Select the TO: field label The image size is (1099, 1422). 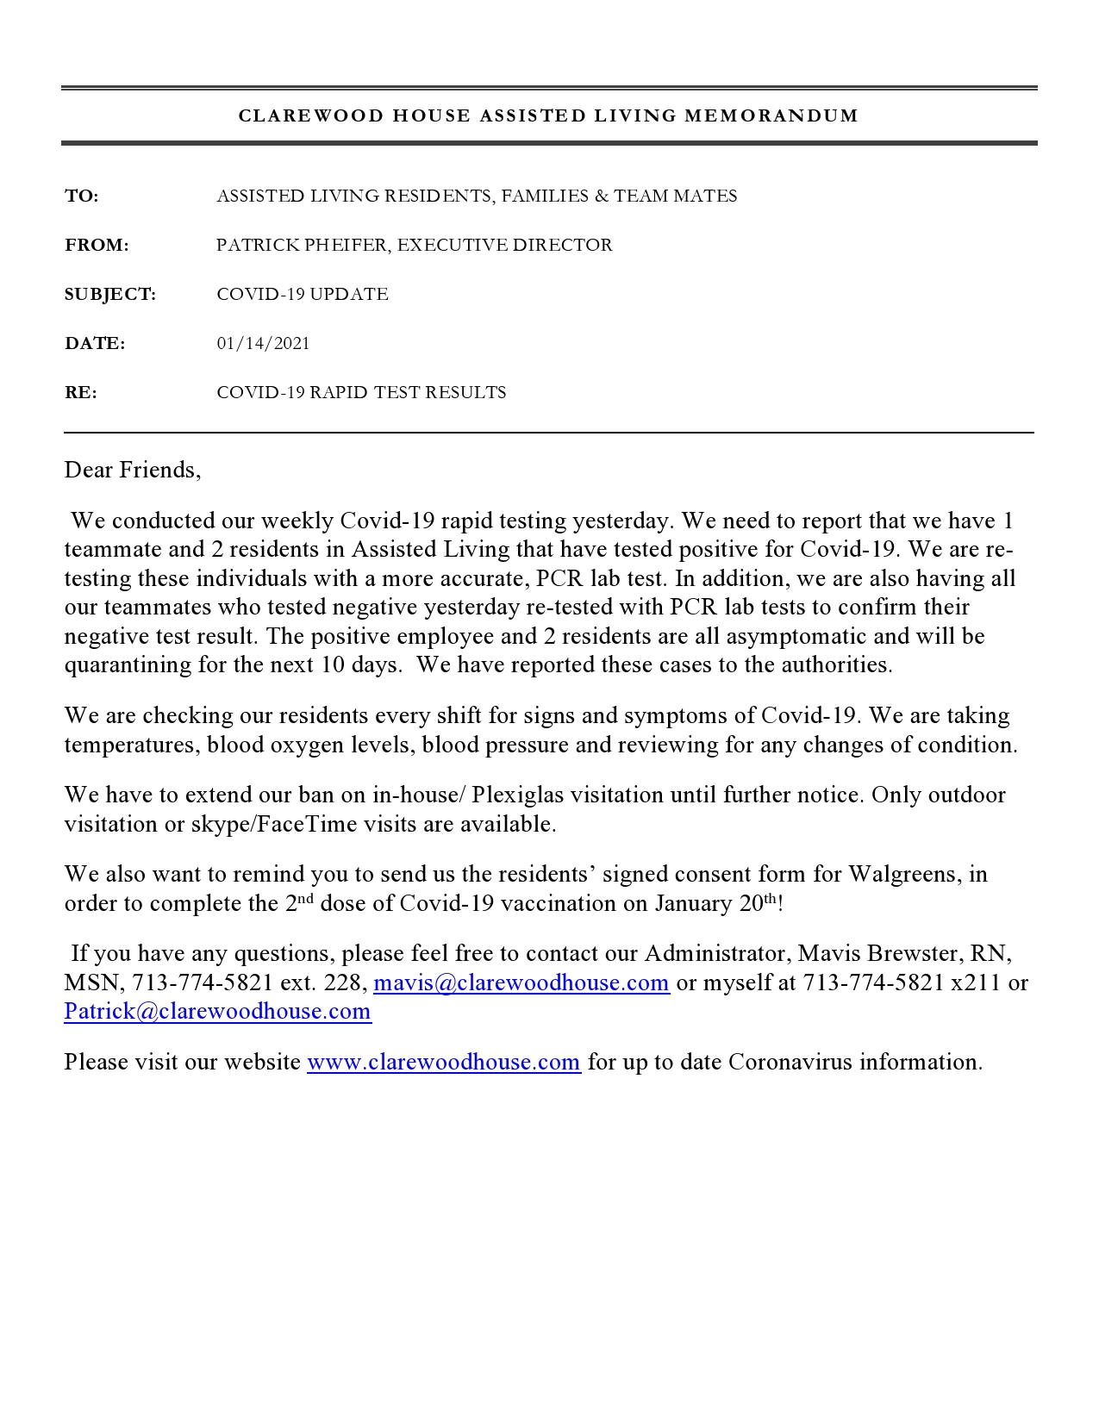point(82,196)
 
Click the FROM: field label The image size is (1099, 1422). point(97,246)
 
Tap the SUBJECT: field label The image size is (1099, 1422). point(110,295)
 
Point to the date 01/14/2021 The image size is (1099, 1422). point(263,344)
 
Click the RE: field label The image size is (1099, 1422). point(81,393)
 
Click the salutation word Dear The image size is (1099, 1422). point(89,470)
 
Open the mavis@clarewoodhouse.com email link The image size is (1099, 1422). point(521,982)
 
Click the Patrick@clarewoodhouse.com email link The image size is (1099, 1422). point(217,1011)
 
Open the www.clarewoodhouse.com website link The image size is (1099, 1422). point(443,1062)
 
